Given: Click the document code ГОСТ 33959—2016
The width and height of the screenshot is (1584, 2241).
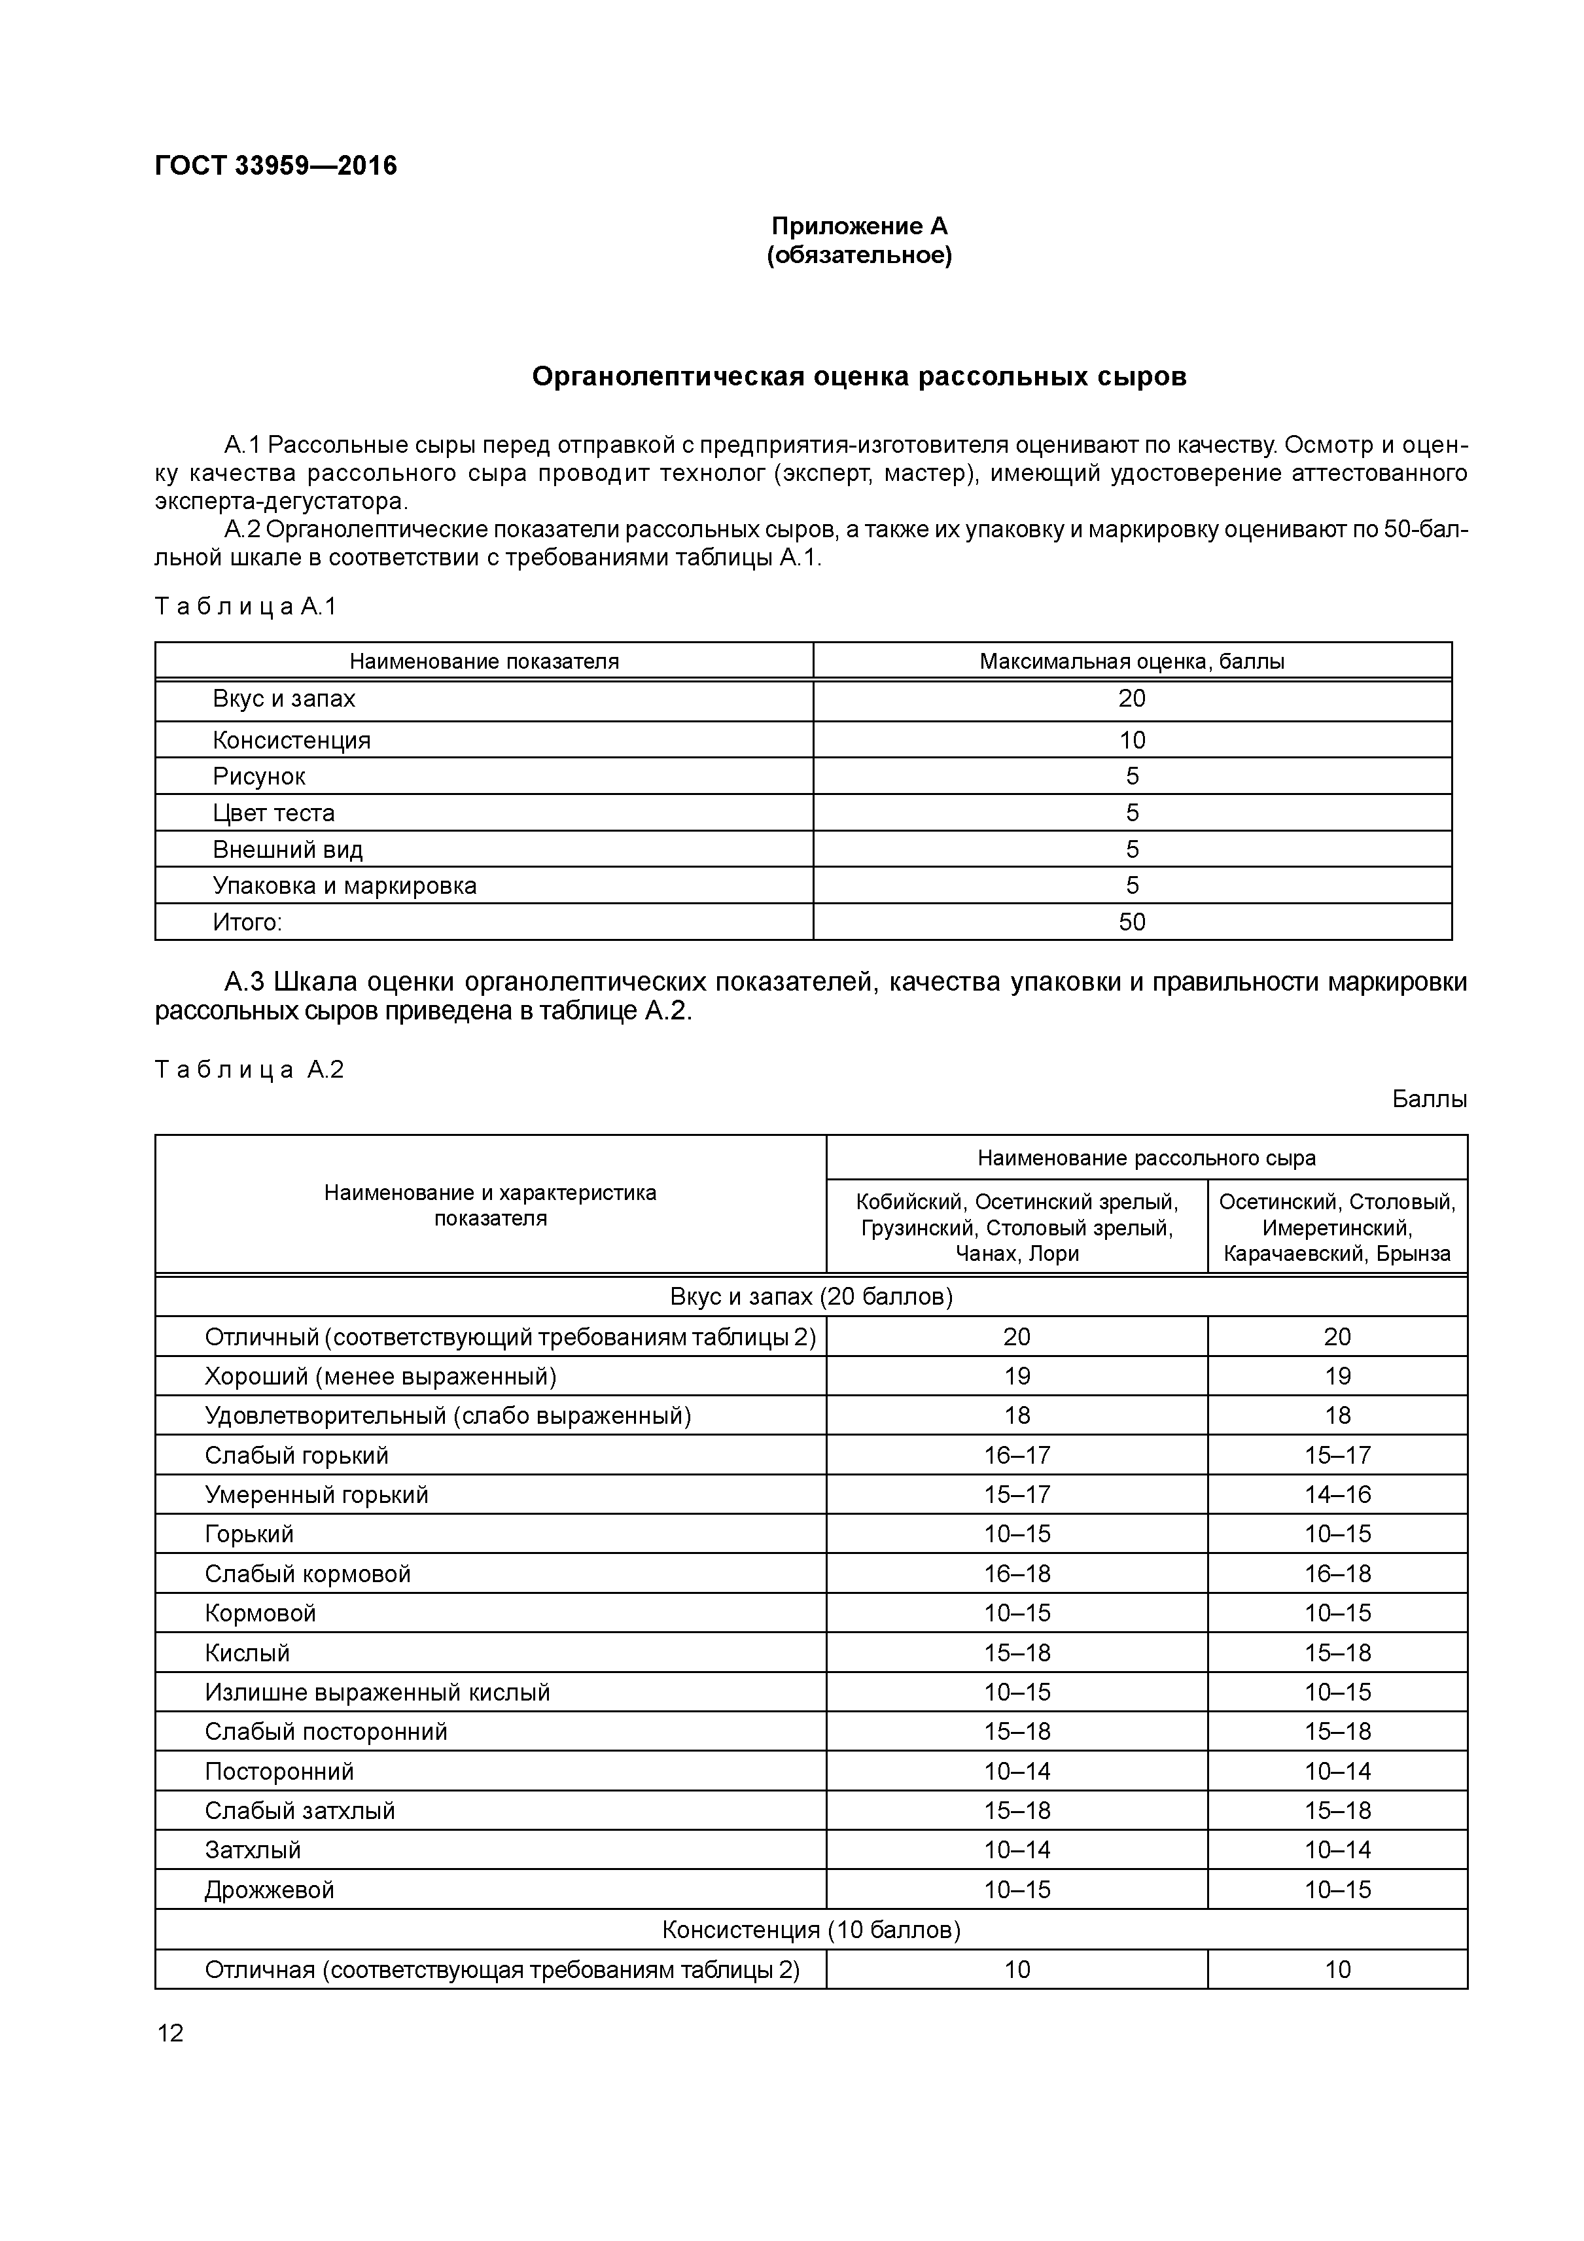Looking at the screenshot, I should pos(275,166).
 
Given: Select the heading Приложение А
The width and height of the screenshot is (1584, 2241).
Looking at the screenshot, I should pos(859,226).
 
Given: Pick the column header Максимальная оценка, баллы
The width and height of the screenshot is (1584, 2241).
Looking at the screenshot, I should pos(1131,661).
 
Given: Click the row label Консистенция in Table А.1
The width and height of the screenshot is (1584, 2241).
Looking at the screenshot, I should pos(292,740).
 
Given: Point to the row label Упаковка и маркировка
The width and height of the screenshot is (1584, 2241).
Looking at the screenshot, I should pos(345,886).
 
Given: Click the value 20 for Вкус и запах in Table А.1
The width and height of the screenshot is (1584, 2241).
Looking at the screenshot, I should pos(1131,699).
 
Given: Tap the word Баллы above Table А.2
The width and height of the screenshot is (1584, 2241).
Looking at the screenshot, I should pos(1429,1099).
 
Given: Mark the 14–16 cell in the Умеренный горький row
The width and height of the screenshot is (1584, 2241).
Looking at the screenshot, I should pos(1337,1494).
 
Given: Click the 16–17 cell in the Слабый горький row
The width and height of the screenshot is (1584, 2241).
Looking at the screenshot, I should pos(1016,1455).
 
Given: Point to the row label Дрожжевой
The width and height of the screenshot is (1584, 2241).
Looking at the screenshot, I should pos(270,1890).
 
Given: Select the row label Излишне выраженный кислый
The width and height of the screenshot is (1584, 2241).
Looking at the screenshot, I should pos(377,1691).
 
